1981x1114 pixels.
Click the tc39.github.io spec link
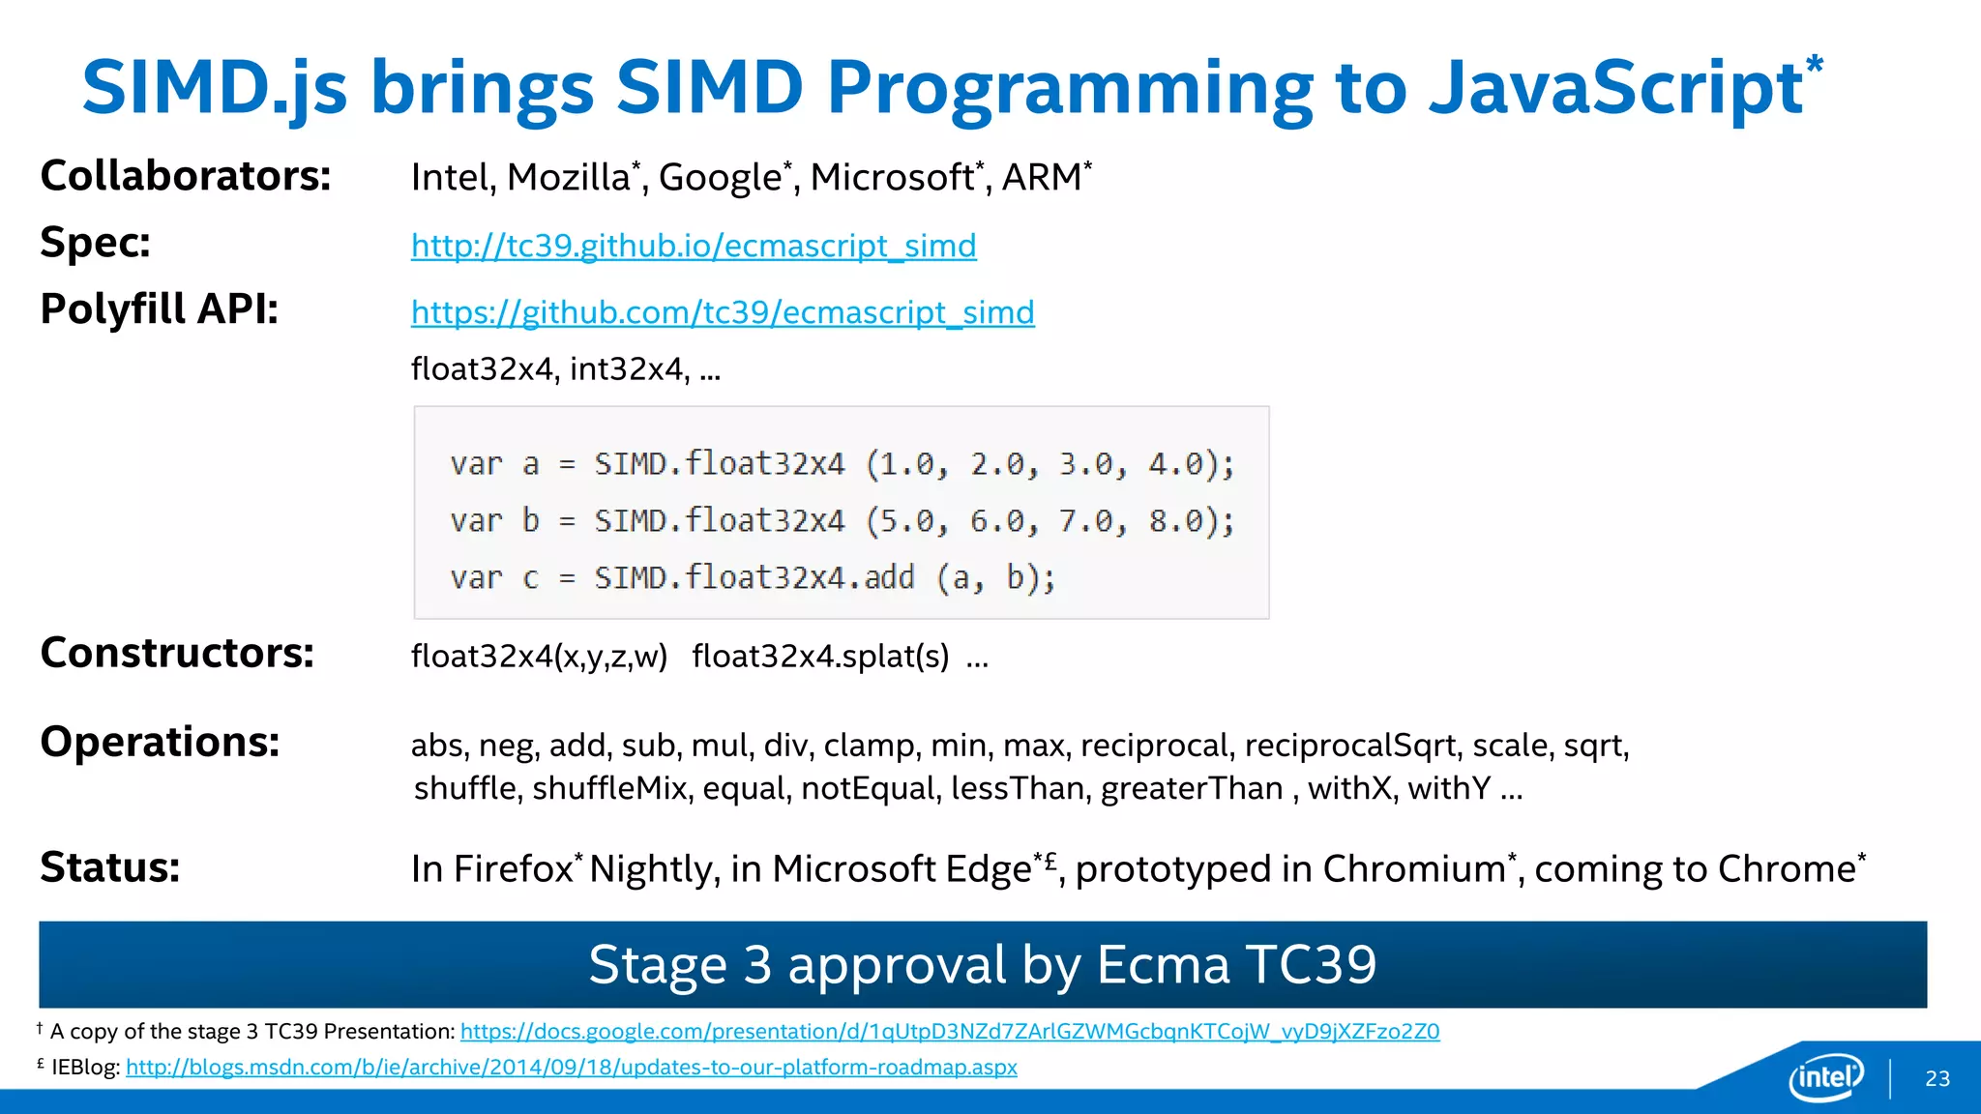click(694, 246)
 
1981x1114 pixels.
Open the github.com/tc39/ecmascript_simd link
click(723, 312)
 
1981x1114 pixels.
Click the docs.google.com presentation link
click(950, 1032)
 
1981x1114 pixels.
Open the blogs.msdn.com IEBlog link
click(571, 1068)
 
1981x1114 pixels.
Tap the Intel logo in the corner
click(1825, 1076)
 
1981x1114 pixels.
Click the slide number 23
click(1937, 1079)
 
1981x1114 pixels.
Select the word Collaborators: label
click(186, 176)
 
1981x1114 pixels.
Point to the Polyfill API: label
click(160, 309)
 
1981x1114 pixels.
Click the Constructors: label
click(177, 653)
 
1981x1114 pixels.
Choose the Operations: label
click(160, 743)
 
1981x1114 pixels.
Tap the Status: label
click(110, 867)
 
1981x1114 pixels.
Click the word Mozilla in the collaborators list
click(569, 178)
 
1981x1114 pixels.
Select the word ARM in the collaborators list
click(1041, 178)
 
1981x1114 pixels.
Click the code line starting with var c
click(753, 578)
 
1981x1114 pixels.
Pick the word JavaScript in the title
click(1614, 87)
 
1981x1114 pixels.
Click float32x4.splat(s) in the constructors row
click(820, 657)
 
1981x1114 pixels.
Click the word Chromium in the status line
click(1413, 869)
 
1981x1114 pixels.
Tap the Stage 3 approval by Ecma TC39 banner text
click(982, 964)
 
